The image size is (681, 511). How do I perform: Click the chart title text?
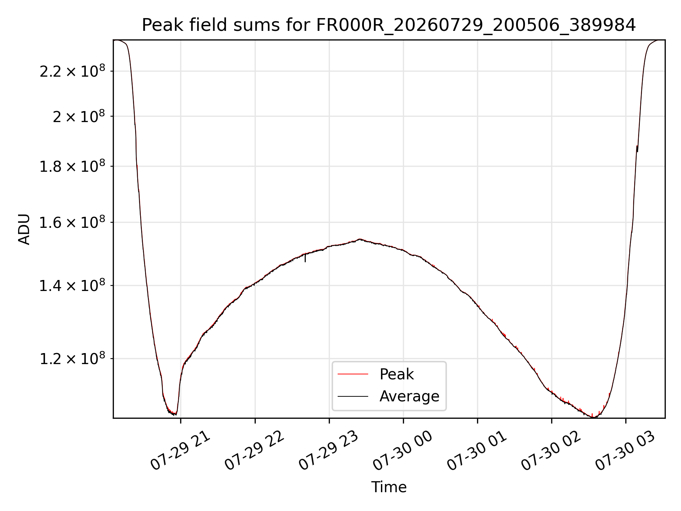pyautogui.click(x=389, y=25)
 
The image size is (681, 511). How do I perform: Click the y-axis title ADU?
pyautogui.click(x=24, y=229)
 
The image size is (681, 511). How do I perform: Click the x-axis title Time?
pyautogui.click(x=389, y=487)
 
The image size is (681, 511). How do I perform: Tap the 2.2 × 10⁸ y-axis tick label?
pyautogui.click(x=72, y=71)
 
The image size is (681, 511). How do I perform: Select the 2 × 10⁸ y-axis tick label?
pyautogui.click(x=79, y=116)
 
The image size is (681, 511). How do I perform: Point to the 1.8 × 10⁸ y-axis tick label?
pyautogui.click(x=72, y=166)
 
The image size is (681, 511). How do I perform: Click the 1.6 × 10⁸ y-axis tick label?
pyautogui.click(x=72, y=222)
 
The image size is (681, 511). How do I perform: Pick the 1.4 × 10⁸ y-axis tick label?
pyautogui.click(x=72, y=285)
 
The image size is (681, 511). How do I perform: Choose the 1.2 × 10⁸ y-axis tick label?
pyautogui.click(x=72, y=358)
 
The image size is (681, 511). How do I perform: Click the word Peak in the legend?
pyautogui.click(x=397, y=374)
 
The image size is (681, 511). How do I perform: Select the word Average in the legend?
pyautogui.click(x=409, y=396)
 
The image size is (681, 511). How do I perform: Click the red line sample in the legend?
pyautogui.click(x=353, y=374)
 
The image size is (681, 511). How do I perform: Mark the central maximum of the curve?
pyautogui.click(x=360, y=239)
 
